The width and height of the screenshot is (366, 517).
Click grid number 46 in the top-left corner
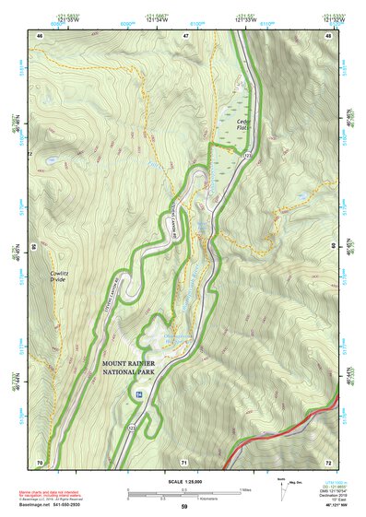(40, 35)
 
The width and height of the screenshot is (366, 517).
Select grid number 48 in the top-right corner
(329, 35)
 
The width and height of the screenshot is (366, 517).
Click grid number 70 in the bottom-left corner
(40, 461)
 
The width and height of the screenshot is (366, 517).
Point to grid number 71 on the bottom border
(184, 461)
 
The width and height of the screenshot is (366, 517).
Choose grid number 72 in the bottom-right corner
(329, 461)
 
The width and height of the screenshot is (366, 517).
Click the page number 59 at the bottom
(184, 507)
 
